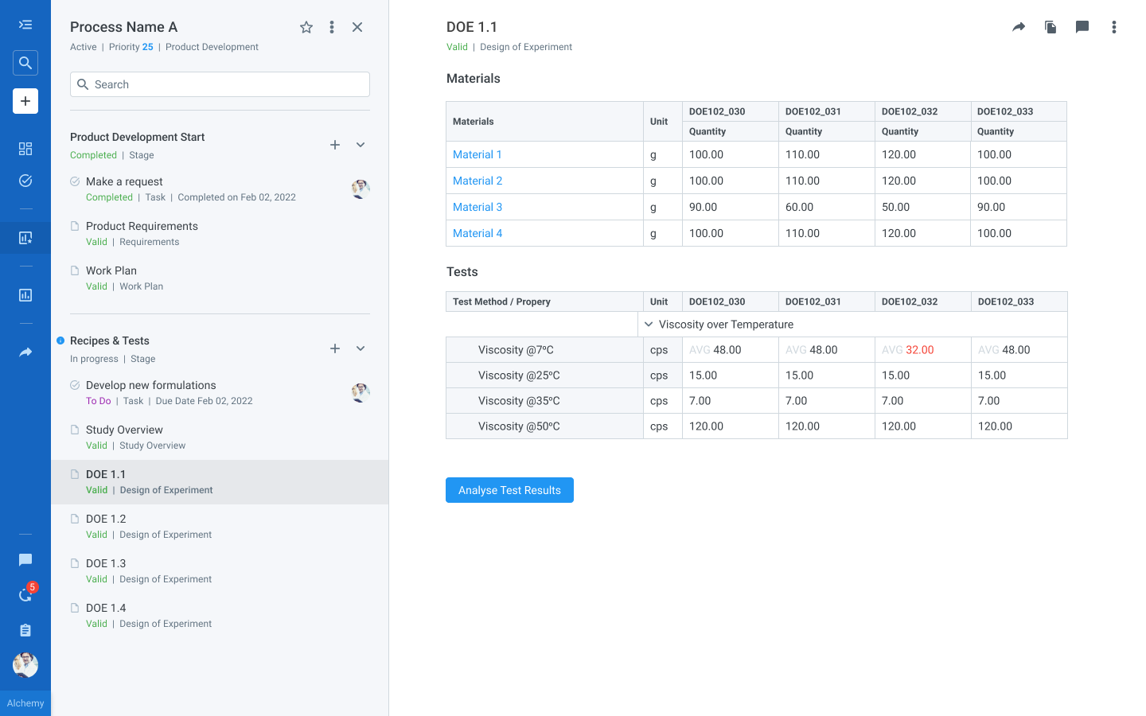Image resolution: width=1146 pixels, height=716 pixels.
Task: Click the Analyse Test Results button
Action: pyautogui.click(x=509, y=490)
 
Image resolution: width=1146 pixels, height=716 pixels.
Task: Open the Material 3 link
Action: pyautogui.click(x=477, y=207)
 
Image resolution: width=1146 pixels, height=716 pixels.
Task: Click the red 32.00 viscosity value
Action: pyautogui.click(x=919, y=350)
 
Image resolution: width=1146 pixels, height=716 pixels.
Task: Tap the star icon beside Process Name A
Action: pyautogui.click(x=306, y=27)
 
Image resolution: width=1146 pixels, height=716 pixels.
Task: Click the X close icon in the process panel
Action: pyautogui.click(x=357, y=27)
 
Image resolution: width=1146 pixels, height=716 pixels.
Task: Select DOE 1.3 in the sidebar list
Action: pyautogui.click(x=106, y=563)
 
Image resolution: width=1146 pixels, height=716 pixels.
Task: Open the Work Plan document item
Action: pyautogui.click(x=111, y=270)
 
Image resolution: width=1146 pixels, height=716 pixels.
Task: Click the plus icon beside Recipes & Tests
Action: pyautogui.click(x=335, y=348)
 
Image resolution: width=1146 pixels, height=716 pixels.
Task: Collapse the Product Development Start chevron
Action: pyautogui.click(x=361, y=145)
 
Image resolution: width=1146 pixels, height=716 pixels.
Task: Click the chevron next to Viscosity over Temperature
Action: pyautogui.click(x=649, y=325)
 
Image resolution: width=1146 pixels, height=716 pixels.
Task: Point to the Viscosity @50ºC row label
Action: pyautogui.click(x=519, y=426)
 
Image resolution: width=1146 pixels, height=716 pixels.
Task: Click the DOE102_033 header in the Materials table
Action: pyautogui.click(x=1005, y=111)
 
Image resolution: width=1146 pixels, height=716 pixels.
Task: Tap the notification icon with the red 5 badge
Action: pyautogui.click(x=25, y=595)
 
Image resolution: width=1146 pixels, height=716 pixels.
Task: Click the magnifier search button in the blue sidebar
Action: pyautogui.click(x=25, y=63)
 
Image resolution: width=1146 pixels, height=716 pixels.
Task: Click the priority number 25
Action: pyautogui.click(x=148, y=47)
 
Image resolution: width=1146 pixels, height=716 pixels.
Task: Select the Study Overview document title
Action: pyautogui.click(x=124, y=430)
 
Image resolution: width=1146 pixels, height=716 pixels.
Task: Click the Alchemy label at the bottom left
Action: pyautogui.click(x=25, y=703)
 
